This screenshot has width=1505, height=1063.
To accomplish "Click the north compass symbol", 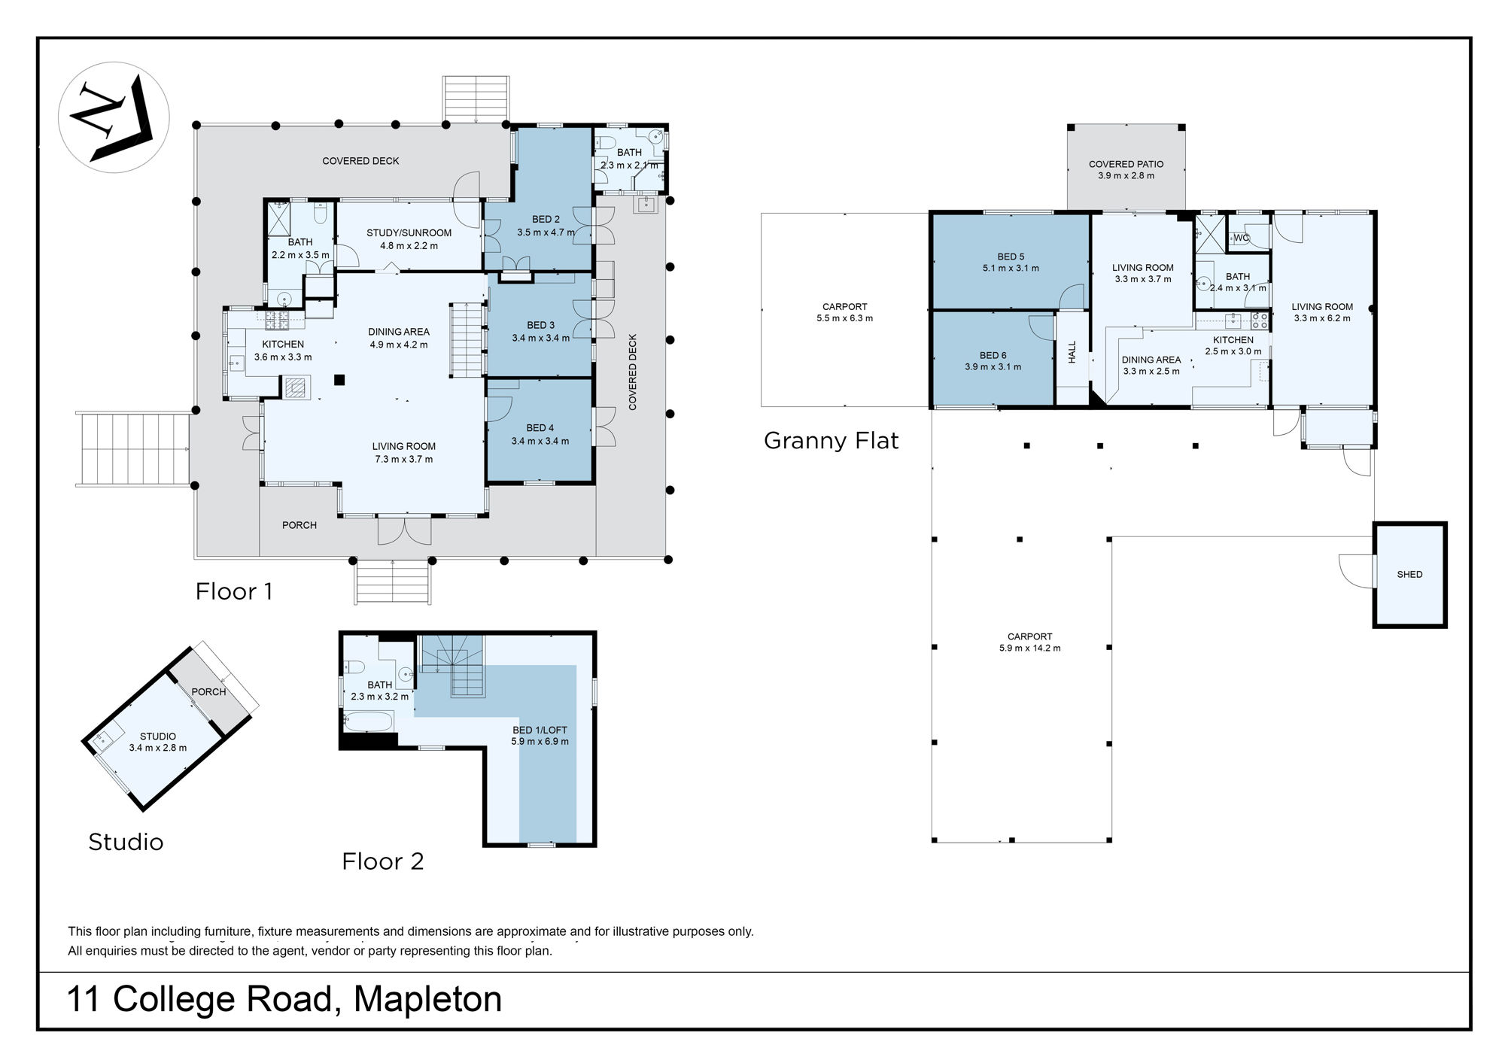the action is (114, 117).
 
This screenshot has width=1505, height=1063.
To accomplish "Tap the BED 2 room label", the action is (546, 220).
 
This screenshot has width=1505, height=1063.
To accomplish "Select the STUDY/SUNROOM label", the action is (409, 233).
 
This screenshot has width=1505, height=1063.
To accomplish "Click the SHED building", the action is (1409, 574).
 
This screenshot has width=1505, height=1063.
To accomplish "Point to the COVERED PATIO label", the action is (1126, 164).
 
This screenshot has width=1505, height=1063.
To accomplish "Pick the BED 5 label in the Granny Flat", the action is (1011, 257).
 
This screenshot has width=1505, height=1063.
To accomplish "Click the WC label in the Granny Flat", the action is (1241, 238).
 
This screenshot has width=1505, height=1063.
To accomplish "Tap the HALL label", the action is (1072, 352).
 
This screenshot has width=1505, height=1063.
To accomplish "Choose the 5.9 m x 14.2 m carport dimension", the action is (1029, 648).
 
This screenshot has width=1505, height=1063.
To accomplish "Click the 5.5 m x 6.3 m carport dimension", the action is (844, 318).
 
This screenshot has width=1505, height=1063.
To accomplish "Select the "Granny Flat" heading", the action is (831, 440).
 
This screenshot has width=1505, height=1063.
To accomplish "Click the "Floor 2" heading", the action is (382, 861).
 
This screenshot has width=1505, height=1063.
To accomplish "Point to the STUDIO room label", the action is (158, 737).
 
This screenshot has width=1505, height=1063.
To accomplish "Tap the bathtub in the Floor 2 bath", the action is (368, 722).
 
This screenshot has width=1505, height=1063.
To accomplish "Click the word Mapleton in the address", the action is (427, 999).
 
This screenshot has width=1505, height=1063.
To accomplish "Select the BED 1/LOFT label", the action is (540, 730).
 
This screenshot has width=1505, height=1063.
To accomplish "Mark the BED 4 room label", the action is (540, 428).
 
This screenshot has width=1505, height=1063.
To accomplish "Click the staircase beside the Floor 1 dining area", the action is (466, 339).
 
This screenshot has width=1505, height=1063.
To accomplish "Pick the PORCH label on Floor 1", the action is (299, 525).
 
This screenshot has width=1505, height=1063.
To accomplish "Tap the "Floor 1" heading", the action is (234, 591).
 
